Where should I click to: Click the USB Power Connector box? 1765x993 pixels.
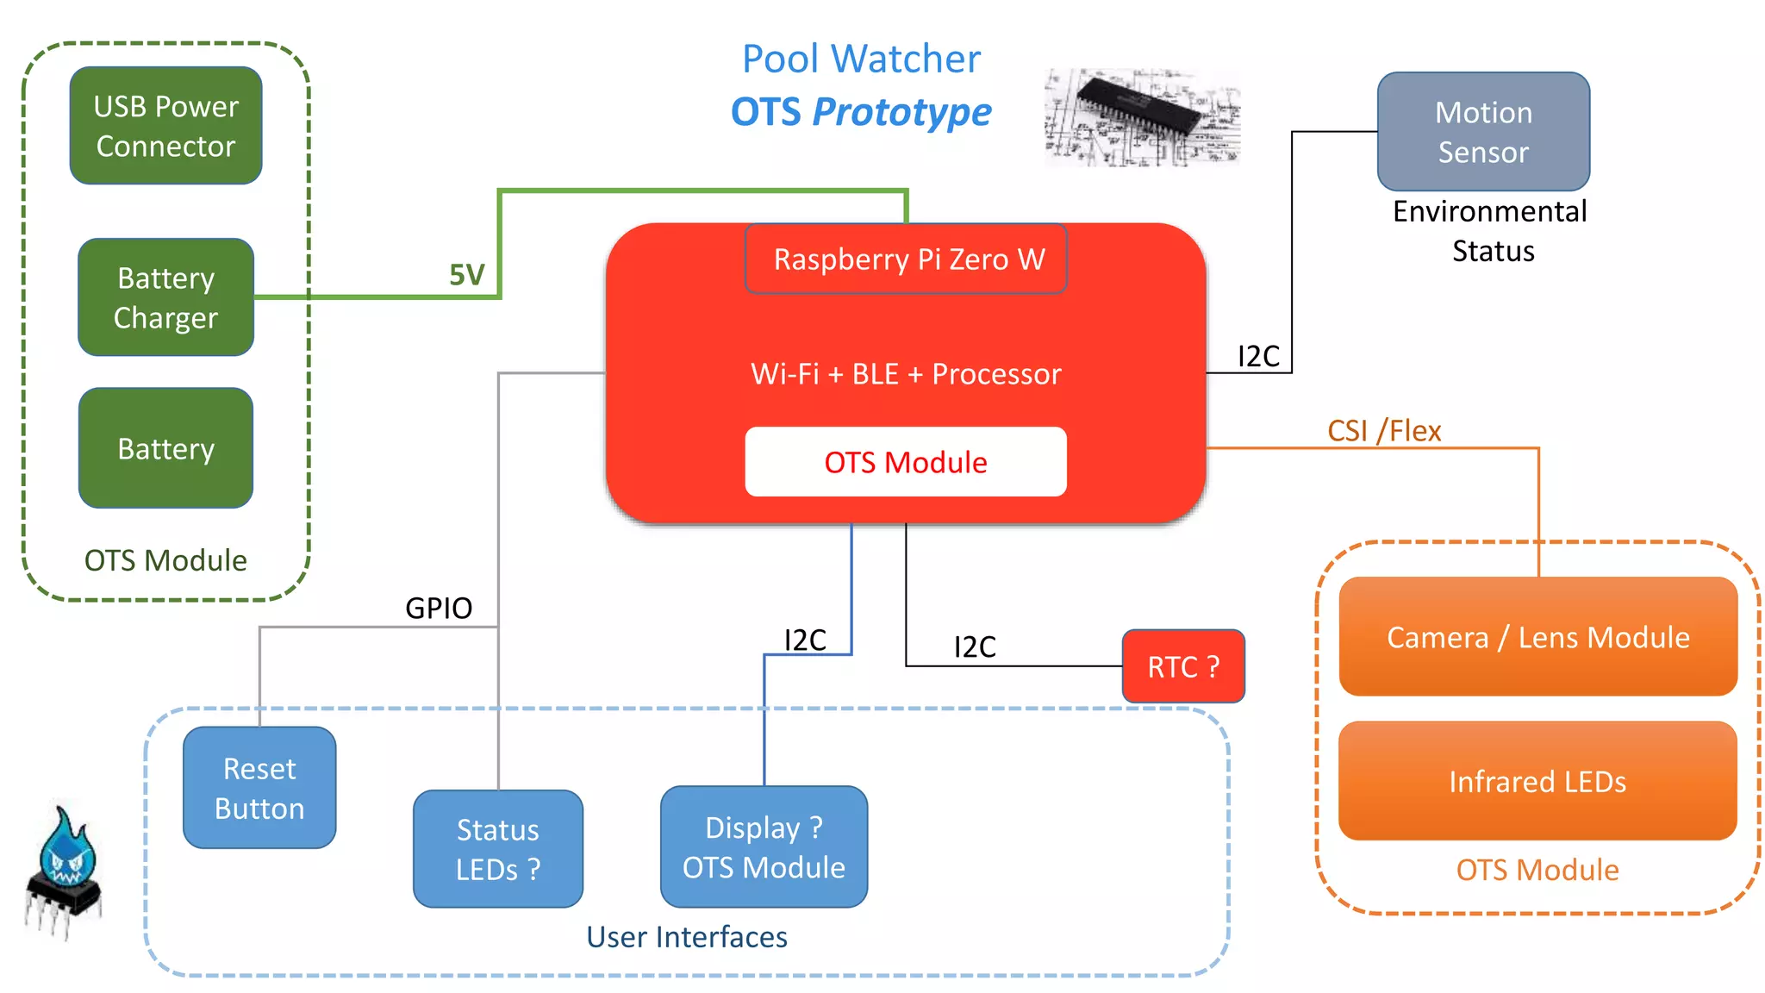click(165, 126)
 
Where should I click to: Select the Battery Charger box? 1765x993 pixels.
click(165, 297)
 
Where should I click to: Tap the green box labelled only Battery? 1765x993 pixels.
click(165, 448)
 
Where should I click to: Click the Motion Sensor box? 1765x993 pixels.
click(1483, 132)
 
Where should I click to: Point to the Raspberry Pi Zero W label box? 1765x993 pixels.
click(906, 259)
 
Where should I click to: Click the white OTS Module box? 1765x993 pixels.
click(906, 462)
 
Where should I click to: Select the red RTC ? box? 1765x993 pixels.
click(1183, 666)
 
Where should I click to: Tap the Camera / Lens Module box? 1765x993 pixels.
click(1537, 637)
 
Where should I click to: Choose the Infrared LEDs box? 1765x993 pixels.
click(1537, 781)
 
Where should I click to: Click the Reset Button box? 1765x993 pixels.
click(259, 788)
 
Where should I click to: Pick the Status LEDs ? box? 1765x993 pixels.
click(498, 849)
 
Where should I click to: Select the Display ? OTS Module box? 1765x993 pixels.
click(764, 846)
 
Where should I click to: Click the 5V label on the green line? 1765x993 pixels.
click(466, 275)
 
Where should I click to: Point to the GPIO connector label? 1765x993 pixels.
click(439, 609)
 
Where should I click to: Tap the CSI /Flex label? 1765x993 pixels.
click(1384, 430)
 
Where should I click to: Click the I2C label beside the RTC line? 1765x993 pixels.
click(975, 646)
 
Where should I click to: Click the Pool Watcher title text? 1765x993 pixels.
click(861, 59)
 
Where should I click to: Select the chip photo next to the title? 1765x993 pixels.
click(1142, 118)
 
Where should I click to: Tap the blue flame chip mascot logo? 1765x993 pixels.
click(64, 871)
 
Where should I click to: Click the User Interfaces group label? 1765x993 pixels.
click(687, 937)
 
